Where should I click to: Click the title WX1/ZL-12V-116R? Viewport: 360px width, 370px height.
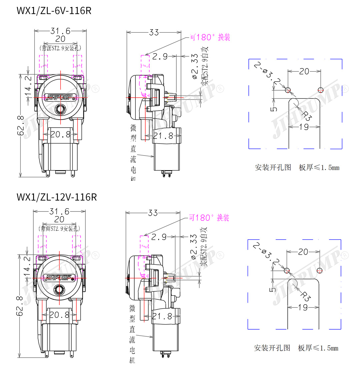click(57, 197)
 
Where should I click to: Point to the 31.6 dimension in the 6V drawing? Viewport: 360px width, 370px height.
click(60, 31)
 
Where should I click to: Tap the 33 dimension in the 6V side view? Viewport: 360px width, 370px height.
click(154, 32)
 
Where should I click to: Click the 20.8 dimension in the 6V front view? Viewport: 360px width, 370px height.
click(60, 134)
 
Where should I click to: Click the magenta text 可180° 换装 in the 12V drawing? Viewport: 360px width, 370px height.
click(209, 218)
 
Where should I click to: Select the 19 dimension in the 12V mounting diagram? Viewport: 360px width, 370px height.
click(303, 307)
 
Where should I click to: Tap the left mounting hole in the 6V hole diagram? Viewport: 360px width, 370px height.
click(288, 90)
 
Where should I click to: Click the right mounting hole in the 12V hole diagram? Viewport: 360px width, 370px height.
click(320, 270)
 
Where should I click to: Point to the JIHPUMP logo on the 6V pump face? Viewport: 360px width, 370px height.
click(59, 97)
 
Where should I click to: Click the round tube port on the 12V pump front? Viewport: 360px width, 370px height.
click(60, 289)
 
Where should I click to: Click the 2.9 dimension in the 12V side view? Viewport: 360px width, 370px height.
click(159, 237)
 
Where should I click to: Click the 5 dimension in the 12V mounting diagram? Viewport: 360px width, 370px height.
click(273, 289)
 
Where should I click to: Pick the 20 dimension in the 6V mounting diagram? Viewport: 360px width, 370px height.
click(304, 71)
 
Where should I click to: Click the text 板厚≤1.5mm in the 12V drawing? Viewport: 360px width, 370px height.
click(318, 348)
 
